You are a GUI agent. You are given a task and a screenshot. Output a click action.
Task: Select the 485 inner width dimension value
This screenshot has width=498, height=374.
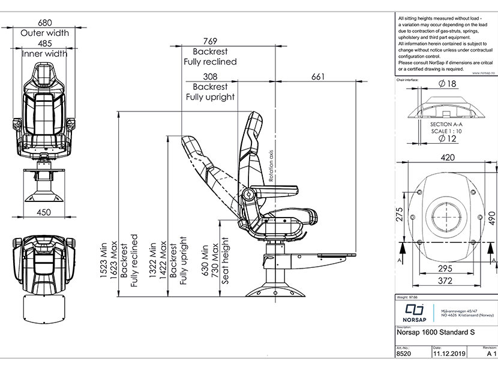coord(44,44)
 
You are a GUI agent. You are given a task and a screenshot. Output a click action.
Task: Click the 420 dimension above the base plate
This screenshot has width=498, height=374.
coord(446,158)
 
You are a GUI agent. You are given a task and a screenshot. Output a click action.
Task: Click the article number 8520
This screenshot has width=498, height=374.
coord(404,354)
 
